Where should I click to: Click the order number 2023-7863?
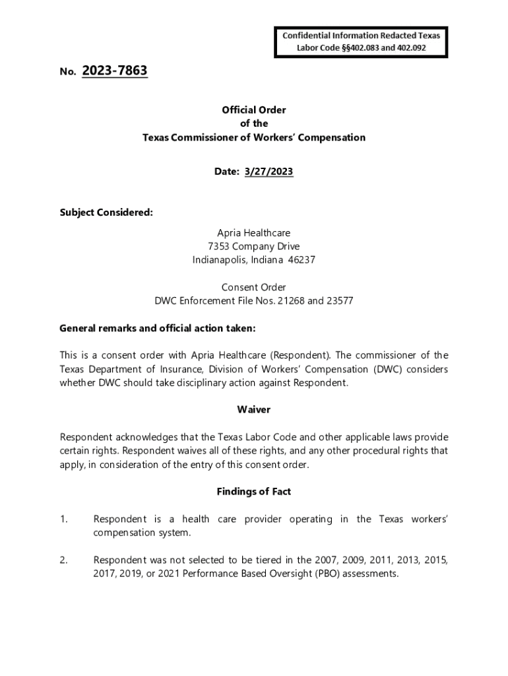click(x=115, y=71)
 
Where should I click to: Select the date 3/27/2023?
click(x=269, y=172)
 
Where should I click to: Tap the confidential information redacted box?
click(x=361, y=42)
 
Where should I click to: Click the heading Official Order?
click(x=254, y=110)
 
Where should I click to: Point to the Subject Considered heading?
click(x=106, y=213)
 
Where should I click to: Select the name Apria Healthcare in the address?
click(x=254, y=233)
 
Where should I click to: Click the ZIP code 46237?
click(x=302, y=260)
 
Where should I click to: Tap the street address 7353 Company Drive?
click(x=254, y=247)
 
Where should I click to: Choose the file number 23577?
click(x=340, y=301)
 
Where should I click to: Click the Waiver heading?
click(x=254, y=410)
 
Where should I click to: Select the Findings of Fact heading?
click(x=254, y=492)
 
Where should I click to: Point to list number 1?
click(x=64, y=520)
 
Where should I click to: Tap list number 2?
click(x=64, y=560)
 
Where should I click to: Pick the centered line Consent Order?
click(x=254, y=287)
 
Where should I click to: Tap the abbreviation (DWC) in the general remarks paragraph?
click(x=389, y=369)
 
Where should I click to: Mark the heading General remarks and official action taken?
click(x=157, y=328)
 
